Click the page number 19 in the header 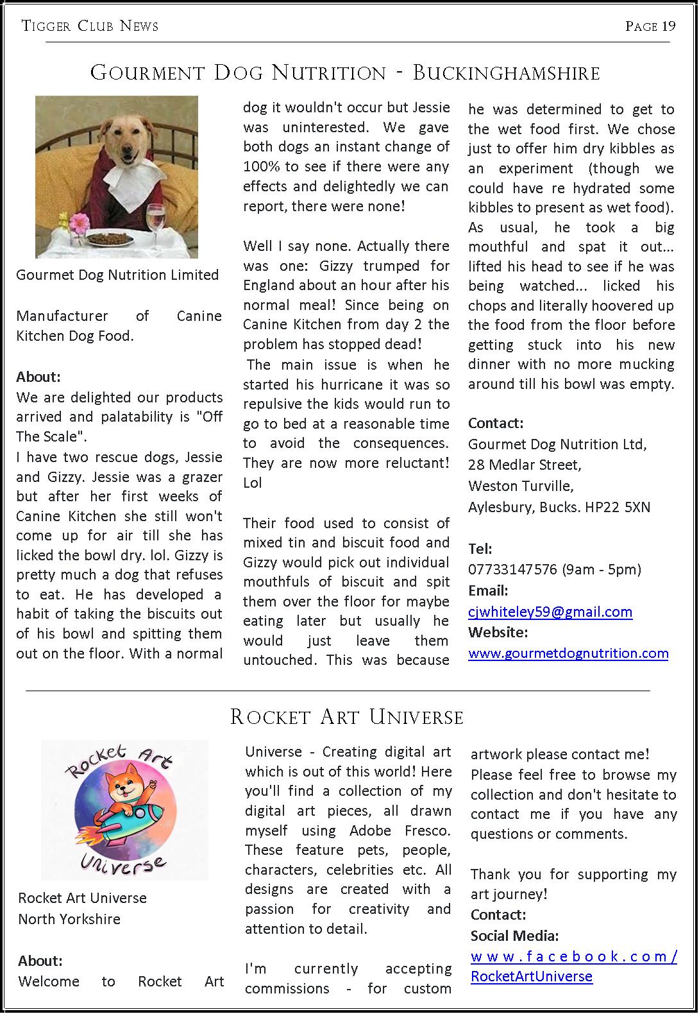669,26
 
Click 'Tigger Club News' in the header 90,26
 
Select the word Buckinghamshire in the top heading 506,73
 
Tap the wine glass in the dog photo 155,221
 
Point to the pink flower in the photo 80,223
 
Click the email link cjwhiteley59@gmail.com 550,612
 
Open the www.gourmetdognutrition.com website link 568,653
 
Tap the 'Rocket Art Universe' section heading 346,717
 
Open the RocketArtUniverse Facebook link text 531,976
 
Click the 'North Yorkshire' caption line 69,919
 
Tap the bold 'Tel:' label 480,549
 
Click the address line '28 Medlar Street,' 525,465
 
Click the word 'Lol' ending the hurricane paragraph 253,483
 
